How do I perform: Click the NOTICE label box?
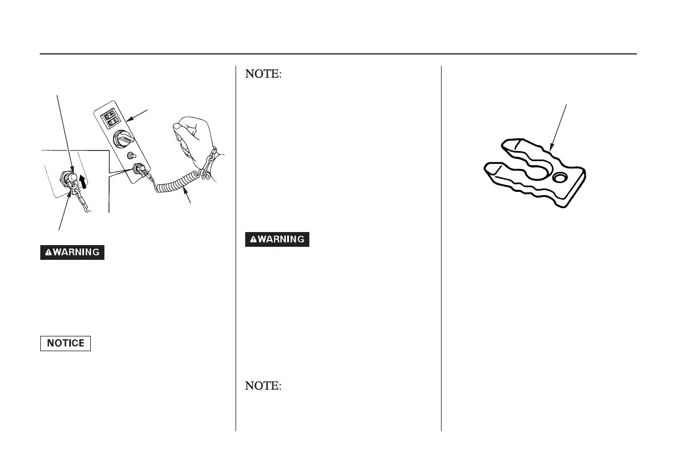tap(65, 343)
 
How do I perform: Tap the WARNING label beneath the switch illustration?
tap(72, 252)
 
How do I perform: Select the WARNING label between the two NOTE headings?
tap(277, 239)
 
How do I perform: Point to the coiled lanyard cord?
tap(176, 184)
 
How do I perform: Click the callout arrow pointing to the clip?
tap(559, 131)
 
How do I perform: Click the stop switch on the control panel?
tap(138, 169)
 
